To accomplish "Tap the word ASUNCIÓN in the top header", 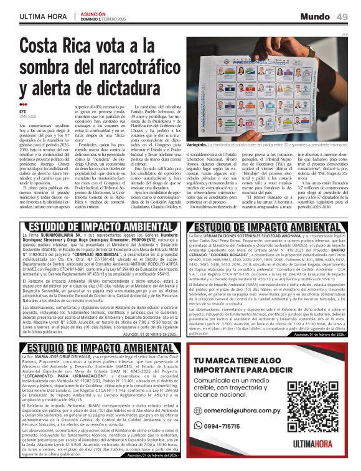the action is [94, 12].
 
